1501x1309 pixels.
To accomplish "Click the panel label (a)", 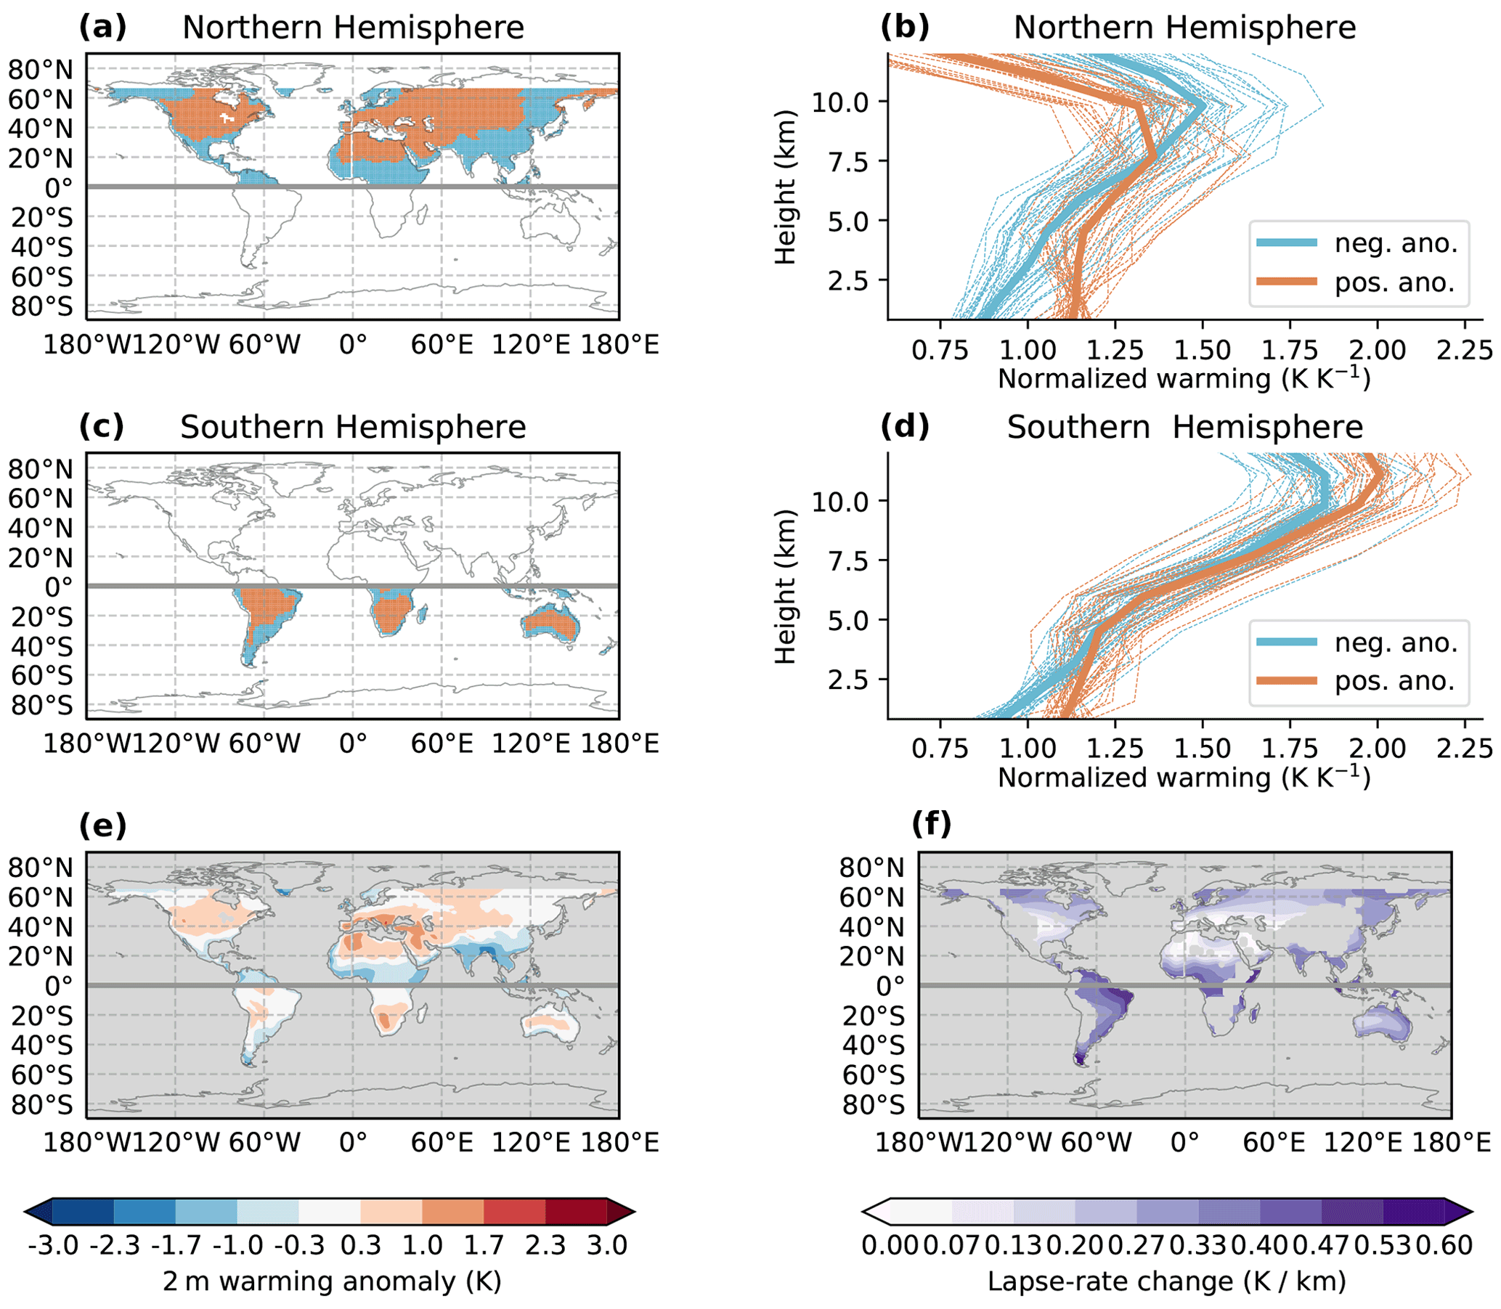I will pyautogui.click(x=102, y=28).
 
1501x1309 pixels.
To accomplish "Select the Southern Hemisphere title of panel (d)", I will pyautogui.click(x=1184, y=428).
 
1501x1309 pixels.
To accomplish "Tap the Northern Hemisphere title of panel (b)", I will pyautogui.click(x=1184, y=28).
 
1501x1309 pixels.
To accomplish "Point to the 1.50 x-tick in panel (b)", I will pyautogui.click(x=1202, y=350).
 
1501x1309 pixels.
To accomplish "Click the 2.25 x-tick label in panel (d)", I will pyautogui.click(x=1464, y=749).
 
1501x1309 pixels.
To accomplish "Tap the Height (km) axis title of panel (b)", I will pyautogui.click(x=786, y=187).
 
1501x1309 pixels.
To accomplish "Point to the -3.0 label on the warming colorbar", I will pyautogui.click(x=53, y=1244).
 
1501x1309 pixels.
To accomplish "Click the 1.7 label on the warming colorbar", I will pyautogui.click(x=484, y=1244).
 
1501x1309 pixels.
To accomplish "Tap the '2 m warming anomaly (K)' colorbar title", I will pyautogui.click(x=332, y=1281).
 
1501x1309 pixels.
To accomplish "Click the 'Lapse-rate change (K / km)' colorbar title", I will pyautogui.click(x=1166, y=1281).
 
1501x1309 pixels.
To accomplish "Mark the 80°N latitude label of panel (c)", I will pyautogui.click(x=41, y=469).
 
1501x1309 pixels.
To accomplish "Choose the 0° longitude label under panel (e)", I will pyautogui.click(x=353, y=1142).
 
